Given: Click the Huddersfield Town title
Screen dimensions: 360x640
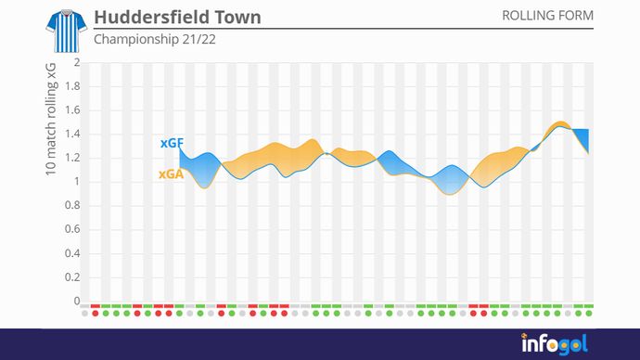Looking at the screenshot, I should (x=177, y=18).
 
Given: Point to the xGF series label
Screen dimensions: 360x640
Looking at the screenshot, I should (x=171, y=144).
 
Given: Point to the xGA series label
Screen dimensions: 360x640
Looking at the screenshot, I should (x=170, y=174).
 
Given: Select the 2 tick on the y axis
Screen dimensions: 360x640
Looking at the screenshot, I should (x=77, y=62).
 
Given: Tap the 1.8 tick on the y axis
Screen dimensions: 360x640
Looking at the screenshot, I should (x=72, y=86).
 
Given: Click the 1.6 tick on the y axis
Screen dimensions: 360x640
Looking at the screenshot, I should (x=72, y=110).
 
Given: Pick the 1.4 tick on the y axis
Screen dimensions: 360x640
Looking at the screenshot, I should (x=72, y=134).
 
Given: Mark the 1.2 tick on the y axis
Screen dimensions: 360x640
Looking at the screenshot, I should (x=72, y=158).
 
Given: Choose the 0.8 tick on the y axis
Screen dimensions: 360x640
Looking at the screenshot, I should (x=72, y=206).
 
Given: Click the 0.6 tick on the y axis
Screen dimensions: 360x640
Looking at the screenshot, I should (x=72, y=229).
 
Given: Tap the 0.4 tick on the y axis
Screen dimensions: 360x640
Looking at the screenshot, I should (x=72, y=253).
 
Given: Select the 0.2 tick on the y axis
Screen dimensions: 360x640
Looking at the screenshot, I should (x=72, y=277).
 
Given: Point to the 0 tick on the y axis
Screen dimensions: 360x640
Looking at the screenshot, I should (x=77, y=301).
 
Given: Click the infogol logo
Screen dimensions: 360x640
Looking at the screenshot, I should (x=554, y=343).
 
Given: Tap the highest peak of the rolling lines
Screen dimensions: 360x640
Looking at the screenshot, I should (x=559, y=123).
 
